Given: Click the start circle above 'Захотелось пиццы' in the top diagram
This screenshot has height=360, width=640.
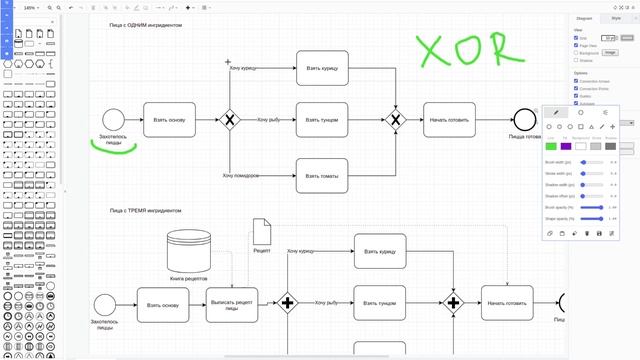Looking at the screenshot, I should [113, 119].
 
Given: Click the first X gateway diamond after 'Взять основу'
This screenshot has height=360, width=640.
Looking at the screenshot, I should [230, 120].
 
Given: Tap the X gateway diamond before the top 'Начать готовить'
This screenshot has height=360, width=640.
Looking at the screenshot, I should [395, 120].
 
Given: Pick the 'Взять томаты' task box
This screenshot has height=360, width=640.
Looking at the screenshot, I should [322, 174].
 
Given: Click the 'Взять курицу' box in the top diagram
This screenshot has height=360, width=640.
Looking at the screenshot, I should [322, 67].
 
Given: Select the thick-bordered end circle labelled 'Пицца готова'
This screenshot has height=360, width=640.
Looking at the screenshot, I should [524, 120].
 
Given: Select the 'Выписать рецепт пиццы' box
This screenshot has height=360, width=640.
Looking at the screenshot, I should [236, 304].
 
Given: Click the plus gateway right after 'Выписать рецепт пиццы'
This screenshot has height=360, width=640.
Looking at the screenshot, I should [289, 302].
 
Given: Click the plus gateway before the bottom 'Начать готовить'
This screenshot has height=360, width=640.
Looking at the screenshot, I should [454, 302].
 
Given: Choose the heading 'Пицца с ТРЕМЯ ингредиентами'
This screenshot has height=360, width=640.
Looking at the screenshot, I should [146, 211].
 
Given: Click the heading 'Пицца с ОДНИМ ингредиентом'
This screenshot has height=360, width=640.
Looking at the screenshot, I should [146, 24].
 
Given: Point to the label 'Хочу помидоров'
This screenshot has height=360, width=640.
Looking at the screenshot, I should [241, 175].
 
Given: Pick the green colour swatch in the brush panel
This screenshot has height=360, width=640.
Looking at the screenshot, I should [551, 146].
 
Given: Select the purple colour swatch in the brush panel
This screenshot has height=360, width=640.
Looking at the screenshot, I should [566, 146].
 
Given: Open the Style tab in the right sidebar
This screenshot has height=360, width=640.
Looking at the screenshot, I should [616, 17].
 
